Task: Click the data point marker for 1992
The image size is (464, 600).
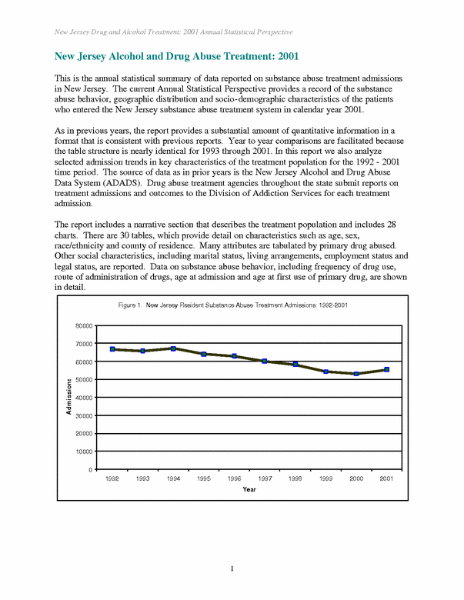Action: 112,349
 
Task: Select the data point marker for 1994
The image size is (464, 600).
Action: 173,348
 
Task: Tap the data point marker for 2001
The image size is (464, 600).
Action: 387,369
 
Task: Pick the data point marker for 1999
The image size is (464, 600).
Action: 325,372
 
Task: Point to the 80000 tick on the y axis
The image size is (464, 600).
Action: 85,325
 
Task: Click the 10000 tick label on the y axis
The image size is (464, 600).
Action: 85,452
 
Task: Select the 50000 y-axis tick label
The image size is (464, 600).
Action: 85,379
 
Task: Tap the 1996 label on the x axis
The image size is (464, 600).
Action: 234,478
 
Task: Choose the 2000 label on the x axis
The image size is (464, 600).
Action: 356,478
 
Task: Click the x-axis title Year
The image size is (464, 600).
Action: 249,489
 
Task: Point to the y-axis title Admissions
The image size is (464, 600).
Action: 68,397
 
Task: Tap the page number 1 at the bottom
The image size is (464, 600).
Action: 232,568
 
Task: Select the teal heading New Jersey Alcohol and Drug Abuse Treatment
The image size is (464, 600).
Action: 176,56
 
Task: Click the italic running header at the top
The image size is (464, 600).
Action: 174,32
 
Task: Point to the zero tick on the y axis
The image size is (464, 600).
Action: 92,469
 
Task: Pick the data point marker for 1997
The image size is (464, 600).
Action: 265,361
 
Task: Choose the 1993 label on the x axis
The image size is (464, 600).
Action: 142,478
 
